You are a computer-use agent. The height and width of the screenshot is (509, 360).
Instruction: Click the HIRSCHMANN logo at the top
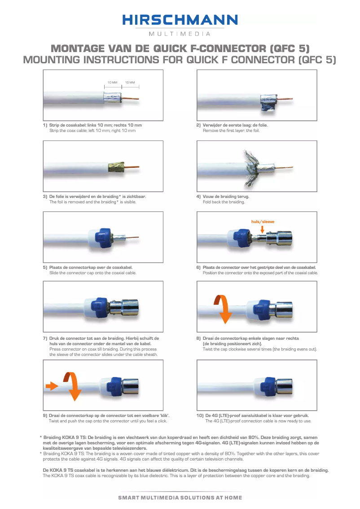[x=180, y=20]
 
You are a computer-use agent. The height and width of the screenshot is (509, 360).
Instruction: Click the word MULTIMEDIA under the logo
[x=180, y=34]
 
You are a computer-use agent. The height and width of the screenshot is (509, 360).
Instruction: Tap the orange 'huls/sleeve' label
[x=263, y=221]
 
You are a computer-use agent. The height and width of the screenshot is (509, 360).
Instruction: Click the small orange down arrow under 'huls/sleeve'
[x=262, y=229]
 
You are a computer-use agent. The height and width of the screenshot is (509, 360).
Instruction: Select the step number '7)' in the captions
[x=45, y=338]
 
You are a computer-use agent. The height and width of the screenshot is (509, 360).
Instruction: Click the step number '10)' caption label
[x=200, y=416]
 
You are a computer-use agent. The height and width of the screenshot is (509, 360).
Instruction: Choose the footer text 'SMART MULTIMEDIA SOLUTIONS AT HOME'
[x=180, y=497]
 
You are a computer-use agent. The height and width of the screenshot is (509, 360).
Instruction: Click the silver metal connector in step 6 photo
[x=279, y=238]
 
